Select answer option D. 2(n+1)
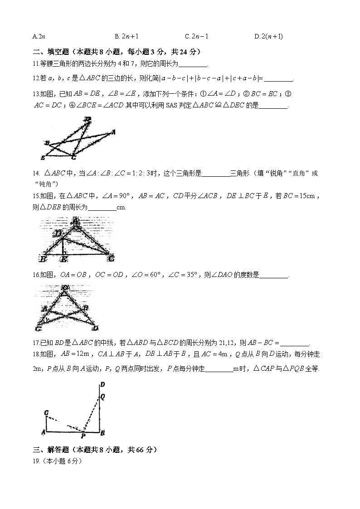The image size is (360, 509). coord(269,36)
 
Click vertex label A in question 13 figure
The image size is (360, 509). coord(113,132)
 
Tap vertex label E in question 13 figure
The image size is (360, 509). coord(42,158)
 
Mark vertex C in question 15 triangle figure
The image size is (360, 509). coord(112,258)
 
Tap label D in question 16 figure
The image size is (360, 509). coord(95,328)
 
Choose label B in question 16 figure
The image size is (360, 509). coord(86,307)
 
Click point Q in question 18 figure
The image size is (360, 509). coord(103,396)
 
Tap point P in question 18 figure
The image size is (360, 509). coord(83,436)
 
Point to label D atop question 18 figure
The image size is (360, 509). coord(102,385)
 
